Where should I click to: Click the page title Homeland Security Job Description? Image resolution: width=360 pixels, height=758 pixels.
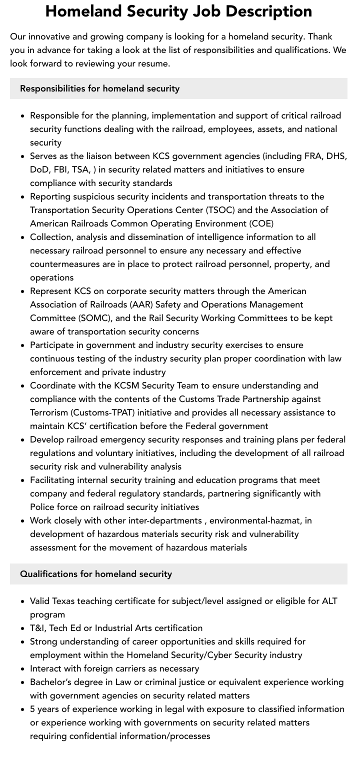(x=178, y=11)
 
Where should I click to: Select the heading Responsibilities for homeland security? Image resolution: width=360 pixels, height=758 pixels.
(x=99, y=88)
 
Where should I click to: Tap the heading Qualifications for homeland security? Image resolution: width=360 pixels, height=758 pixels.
(x=95, y=574)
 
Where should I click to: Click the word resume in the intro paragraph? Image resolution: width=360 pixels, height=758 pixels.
(x=154, y=63)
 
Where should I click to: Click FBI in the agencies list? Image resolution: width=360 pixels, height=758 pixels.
(x=64, y=169)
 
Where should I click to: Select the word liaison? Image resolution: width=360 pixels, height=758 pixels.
(x=108, y=156)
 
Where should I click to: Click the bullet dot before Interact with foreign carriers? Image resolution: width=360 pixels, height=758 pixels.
(x=23, y=668)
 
